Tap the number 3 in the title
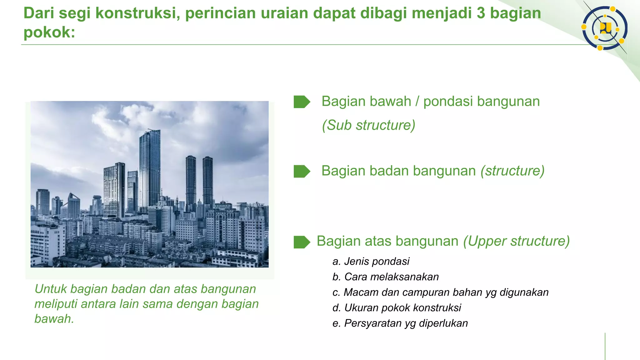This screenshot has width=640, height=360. point(481,13)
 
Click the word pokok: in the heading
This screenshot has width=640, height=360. point(49,32)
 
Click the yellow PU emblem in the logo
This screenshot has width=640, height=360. point(605,28)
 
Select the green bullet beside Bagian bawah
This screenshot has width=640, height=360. point(302,102)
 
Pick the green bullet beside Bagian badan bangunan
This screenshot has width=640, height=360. point(302,171)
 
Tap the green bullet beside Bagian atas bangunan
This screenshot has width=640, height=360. point(302,242)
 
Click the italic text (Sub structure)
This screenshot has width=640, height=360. point(368,125)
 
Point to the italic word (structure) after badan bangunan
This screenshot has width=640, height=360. point(512,171)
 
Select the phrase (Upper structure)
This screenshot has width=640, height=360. point(516,241)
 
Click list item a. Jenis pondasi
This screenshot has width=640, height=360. point(371,261)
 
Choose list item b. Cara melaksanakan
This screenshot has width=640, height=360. point(386,277)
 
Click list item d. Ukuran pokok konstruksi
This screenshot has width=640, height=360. point(397,308)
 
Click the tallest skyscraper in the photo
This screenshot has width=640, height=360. point(150,169)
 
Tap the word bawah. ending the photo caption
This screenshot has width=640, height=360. point(54,319)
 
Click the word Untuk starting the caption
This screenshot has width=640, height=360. point(51,289)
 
